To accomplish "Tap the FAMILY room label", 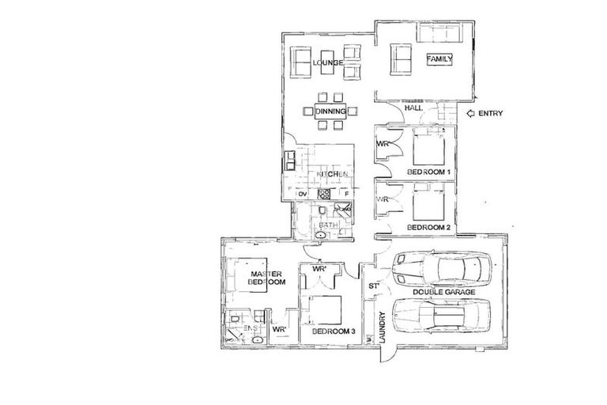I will pos(439,59).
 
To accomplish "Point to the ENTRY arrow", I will pos(473,114).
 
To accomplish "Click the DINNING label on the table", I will pos(330,112).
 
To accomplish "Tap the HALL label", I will pos(390,109).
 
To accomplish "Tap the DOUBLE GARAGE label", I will pos(443,293).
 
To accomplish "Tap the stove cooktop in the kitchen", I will pos(323,194).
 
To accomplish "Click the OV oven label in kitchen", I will pos(302,194).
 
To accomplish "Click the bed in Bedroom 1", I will pos(432,147).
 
